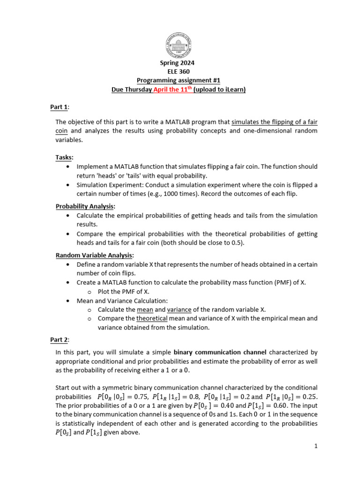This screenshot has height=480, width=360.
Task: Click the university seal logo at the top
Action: coord(180,46)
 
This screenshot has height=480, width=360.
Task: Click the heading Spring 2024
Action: coord(180,63)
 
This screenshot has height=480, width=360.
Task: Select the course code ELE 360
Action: coord(180,72)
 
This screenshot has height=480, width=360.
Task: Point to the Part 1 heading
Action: coord(59,107)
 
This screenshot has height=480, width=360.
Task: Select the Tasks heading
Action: coord(64,157)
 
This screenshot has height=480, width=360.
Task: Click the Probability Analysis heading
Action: coord(85,206)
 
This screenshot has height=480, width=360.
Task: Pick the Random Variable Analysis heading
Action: coord(94,255)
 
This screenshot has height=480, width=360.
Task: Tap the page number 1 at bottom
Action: coord(316,446)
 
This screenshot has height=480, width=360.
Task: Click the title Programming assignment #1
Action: coord(180,81)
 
